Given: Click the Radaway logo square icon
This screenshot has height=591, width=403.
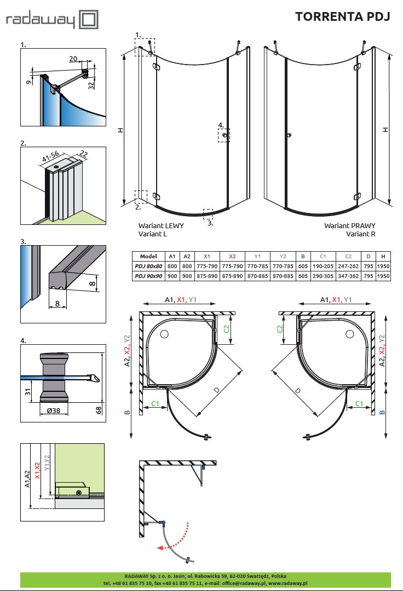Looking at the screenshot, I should (x=89, y=20).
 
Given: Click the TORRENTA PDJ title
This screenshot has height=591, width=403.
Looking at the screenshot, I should (x=342, y=16).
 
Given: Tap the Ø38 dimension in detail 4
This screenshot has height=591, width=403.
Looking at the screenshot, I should (x=53, y=410).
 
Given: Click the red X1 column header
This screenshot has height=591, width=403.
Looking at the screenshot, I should (x=206, y=256).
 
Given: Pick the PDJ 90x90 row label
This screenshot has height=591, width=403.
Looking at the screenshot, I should (x=148, y=276).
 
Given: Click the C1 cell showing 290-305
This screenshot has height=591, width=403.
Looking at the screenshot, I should (x=323, y=276).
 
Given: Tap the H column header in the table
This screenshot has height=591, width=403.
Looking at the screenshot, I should (x=383, y=256).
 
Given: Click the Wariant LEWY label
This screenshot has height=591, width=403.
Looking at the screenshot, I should (x=161, y=225).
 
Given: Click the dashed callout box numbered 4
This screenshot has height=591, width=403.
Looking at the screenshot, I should (x=224, y=135).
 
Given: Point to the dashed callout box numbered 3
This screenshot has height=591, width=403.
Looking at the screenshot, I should (x=208, y=213).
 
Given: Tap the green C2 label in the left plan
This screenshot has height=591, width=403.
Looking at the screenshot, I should (x=227, y=328).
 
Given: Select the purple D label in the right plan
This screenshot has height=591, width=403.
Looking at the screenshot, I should (x=298, y=391).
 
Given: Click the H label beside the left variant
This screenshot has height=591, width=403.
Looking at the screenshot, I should (x=120, y=130).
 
